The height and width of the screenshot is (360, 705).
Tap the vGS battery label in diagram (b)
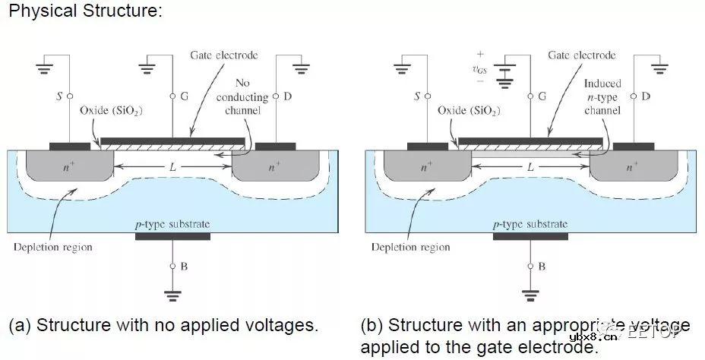point(479,70)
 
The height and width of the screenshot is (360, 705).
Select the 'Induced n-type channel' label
point(602,97)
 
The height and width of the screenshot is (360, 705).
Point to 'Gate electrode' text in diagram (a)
point(223,55)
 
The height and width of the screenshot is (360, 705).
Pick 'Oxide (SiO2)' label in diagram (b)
point(469,111)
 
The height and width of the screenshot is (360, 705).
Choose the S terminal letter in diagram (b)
point(417,96)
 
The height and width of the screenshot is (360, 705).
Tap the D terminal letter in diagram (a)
point(287,96)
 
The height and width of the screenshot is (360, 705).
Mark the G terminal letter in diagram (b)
point(542,96)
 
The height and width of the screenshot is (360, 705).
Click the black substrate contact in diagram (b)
point(530,236)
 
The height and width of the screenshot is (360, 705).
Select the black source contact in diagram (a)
point(68,146)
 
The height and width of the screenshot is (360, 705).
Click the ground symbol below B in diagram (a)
point(172,297)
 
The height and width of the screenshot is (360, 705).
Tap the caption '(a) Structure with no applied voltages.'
point(163,326)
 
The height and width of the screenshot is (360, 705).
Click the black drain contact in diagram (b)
point(634,146)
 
